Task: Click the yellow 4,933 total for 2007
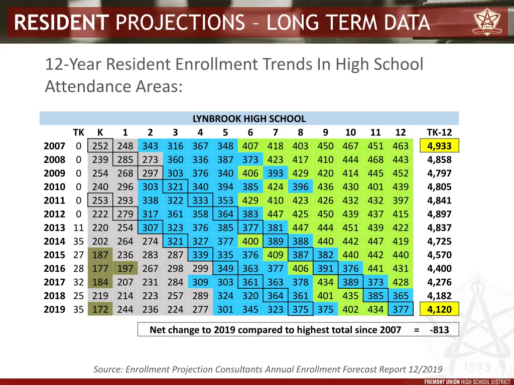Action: [439, 146]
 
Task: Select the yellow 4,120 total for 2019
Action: [439, 309]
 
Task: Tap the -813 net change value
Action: [439, 330]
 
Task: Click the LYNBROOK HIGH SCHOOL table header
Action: [249, 119]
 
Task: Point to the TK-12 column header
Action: [439, 133]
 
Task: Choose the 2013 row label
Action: [54, 228]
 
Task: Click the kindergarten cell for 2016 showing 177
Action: [100, 269]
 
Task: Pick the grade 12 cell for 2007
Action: [401, 146]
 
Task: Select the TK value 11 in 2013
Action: [78, 228]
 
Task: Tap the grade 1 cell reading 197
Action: [125, 269]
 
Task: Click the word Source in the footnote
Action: [108, 369]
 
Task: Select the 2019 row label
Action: [54, 309]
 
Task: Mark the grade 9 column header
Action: [325, 133]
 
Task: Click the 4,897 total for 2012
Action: [439, 214]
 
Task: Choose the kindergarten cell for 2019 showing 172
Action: [100, 309]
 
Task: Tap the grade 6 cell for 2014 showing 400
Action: [250, 241]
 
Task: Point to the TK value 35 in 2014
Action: [78, 241]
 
